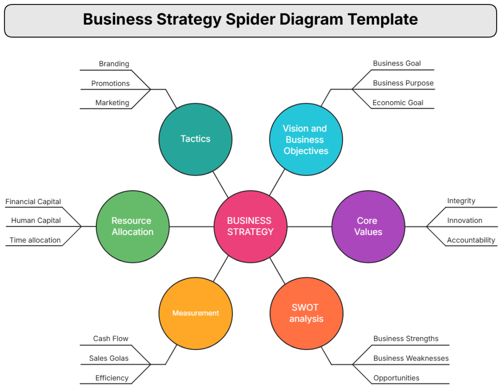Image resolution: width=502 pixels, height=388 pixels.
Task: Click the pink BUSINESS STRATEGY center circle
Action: (x=250, y=226)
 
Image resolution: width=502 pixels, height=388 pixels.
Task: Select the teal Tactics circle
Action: (x=195, y=139)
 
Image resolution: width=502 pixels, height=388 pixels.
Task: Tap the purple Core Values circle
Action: (x=368, y=226)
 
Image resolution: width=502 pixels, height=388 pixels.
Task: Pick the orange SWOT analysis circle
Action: (x=307, y=313)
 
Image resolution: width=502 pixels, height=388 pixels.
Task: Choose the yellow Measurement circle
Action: (x=195, y=313)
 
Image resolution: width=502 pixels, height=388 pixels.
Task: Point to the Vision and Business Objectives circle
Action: (x=306, y=139)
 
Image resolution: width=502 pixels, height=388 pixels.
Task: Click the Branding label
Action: (x=114, y=64)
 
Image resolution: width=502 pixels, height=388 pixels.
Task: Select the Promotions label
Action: (x=110, y=84)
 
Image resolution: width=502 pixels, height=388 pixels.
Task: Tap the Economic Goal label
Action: (x=398, y=103)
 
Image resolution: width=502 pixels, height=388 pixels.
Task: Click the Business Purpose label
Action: (x=403, y=83)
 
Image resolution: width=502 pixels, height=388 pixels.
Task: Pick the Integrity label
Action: (x=461, y=201)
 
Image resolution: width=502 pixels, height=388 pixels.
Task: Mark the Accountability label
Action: (x=471, y=240)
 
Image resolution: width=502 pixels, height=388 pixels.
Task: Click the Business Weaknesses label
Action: (x=411, y=358)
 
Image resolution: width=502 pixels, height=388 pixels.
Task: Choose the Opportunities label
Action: (x=396, y=378)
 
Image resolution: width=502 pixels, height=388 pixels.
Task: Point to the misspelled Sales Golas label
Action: (x=109, y=358)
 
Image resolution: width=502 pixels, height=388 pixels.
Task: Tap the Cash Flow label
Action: (x=110, y=339)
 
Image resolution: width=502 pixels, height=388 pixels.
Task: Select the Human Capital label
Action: (x=36, y=220)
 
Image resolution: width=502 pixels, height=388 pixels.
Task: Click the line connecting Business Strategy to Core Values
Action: (x=310, y=227)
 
